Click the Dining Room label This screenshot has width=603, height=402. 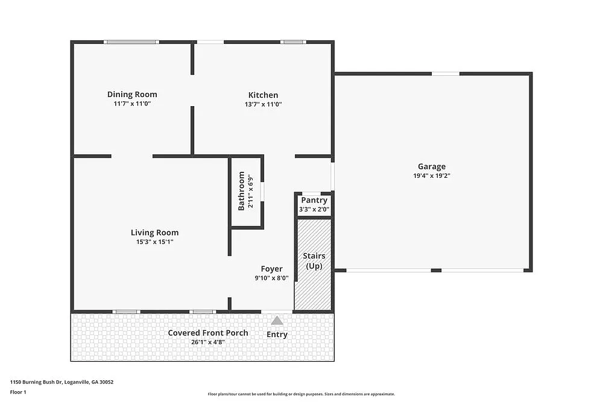click(x=132, y=94)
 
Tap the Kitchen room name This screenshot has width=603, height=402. click(x=264, y=95)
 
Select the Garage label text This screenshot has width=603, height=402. click(x=432, y=166)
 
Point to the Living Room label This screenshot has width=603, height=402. click(x=155, y=232)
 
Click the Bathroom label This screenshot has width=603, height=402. click(x=242, y=191)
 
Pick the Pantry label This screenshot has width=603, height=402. click(x=314, y=200)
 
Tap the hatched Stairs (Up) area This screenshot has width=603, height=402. click(x=314, y=283)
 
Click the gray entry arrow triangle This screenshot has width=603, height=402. click(x=277, y=321)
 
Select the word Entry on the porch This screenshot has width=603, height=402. click(x=277, y=334)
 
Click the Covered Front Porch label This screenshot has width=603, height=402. click(x=208, y=333)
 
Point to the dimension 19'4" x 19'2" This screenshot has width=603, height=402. click(x=432, y=176)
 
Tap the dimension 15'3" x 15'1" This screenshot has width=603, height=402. click(x=155, y=242)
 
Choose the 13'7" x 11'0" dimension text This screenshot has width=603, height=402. click(x=264, y=104)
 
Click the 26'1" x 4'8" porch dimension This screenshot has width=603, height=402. click(x=208, y=342)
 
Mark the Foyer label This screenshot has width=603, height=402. click(x=271, y=269)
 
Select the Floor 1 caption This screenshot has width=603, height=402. click(x=18, y=392)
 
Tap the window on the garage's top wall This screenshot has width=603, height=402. click(x=446, y=74)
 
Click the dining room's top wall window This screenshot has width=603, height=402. click(x=131, y=42)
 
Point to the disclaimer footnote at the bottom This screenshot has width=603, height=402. click(x=301, y=394)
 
